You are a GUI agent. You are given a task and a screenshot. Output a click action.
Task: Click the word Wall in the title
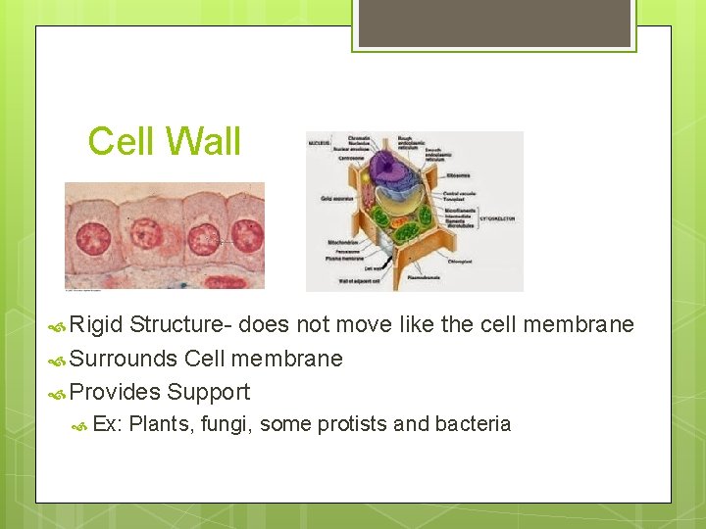click(206, 142)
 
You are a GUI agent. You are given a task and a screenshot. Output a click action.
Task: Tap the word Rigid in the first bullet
click(97, 324)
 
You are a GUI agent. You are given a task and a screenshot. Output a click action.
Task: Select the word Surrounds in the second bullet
click(124, 359)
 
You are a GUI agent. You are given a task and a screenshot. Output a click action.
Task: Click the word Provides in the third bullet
click(115, 392)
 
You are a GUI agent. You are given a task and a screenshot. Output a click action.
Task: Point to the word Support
click(208, 392)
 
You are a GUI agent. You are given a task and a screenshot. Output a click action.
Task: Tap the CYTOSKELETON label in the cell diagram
click(498, 218)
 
